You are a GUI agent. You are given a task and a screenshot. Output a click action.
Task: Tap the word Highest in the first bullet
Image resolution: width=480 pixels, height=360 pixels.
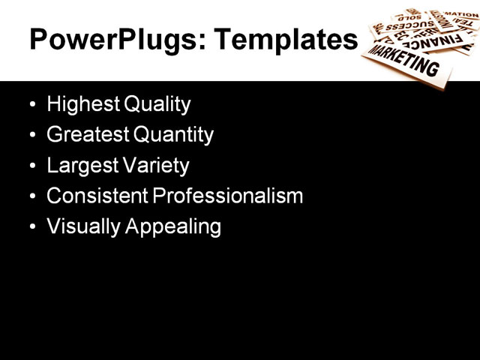[x=79, y=104]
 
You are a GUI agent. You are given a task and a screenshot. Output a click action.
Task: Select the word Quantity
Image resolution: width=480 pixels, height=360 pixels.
[x=173, y=135]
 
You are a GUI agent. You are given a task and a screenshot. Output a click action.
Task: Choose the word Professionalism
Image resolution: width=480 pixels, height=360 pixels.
[x=228, y=196]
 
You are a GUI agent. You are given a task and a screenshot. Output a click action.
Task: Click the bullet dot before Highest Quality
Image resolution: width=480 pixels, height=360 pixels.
[x=31, y=104]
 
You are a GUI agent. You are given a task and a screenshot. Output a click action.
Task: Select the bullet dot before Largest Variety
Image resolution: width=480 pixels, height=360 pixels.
[x=31, y=165]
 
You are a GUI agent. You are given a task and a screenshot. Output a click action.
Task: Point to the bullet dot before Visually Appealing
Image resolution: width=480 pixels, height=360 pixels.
[x=31, y=226]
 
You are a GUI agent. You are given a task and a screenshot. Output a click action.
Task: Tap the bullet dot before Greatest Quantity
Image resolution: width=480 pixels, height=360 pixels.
[x=31, y=135]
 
